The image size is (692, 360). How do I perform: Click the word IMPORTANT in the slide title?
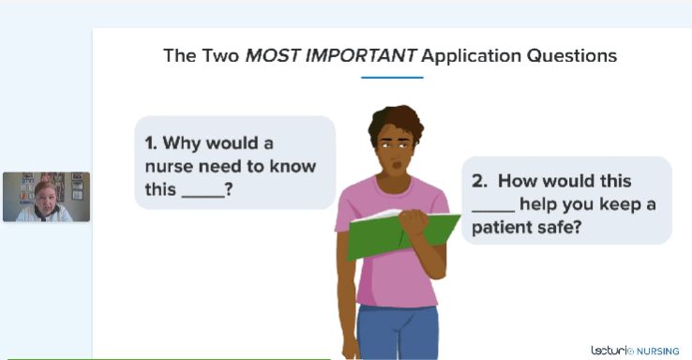pyautogui.click(x=360, y=55)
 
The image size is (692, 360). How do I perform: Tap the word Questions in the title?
pyautogui.click(x=572, y=56)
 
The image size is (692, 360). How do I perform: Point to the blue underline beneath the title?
pyautogui.click(x=392, y=78)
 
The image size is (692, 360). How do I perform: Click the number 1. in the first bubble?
pyautogui.click(x=151, y=142)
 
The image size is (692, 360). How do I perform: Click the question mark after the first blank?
pyautogui.click(x=229, y=189)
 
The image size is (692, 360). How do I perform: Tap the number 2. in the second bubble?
pyautogui.click(x=479, y=181)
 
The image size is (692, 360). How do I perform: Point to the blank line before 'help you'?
pyautogui.click(x=493, y=211)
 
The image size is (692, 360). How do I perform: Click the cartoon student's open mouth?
pyautogui.click(x=398, y=165)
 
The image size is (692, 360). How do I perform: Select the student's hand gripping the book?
pyautogui.click(x=414, y=220)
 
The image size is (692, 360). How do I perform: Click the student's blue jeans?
pyautogui.click(x=399, y=331)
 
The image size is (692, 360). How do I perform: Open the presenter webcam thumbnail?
pyautogui.click(x=46, y=197)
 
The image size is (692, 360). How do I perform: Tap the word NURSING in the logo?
pyautogui.click(x=657, y=352)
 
